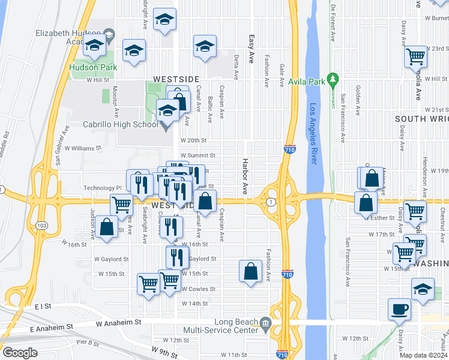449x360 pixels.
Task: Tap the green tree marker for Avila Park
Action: coord(333,80)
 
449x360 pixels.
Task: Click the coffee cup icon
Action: coord(399,310)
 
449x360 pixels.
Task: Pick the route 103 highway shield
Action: coord(41,226)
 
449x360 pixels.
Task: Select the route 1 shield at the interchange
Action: coord(272,202)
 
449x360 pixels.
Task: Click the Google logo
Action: coord(19,352)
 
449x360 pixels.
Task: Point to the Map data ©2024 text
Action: coord(423,355)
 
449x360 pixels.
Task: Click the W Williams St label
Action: coord(84,147)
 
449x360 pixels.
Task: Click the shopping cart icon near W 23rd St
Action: coord(415,58)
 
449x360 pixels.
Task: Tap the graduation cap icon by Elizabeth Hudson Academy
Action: coord(94,45)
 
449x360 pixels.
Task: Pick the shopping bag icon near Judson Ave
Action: coord(107,227)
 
